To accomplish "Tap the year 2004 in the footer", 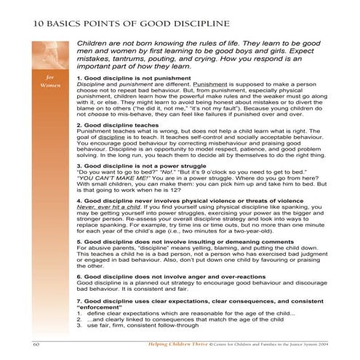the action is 321,341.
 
